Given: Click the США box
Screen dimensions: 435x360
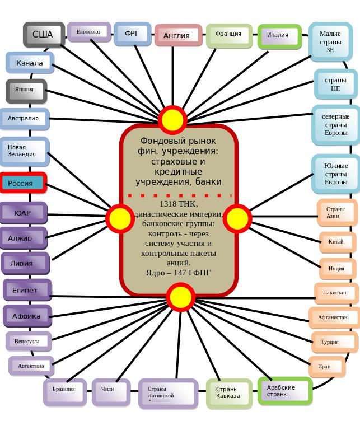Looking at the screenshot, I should [43, 35].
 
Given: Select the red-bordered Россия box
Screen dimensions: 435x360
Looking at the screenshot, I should [23, 183].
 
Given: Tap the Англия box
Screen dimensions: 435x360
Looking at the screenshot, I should [177, 36].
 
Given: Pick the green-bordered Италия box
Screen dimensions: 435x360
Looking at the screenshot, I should [279, 35].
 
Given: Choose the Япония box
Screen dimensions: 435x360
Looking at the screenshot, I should [25, 90].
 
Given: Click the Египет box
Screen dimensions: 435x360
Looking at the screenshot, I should [26, 290].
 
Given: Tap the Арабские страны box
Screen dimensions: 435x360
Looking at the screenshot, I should [284, 390].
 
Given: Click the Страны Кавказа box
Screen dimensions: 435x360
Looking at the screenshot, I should [228, 392].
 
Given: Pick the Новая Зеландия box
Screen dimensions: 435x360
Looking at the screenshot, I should [24, 151].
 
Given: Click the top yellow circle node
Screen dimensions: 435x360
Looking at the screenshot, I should [172, 120].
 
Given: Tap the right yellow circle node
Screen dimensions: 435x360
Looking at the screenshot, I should [237, 218].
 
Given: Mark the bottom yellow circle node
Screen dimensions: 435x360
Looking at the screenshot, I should [180, 297].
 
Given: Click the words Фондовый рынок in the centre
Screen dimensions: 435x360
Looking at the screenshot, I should [179, 141].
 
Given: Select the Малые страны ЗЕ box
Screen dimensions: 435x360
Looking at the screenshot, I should [330, 41].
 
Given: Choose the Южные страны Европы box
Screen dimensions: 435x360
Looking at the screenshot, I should [335, 174].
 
